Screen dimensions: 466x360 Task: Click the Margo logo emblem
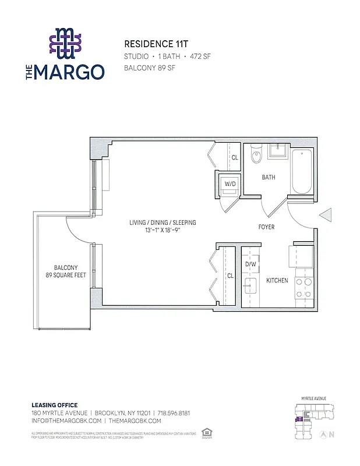tap(65, 44)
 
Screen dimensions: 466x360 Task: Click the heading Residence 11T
tap(149, 44)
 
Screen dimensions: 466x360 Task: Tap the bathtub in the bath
tap(302, 171)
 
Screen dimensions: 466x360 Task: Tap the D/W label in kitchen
tap(251, 264)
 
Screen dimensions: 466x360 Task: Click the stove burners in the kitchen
tap(303, 288)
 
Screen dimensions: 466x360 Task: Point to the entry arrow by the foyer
tap(325, 215)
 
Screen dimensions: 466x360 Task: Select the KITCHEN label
tap(277, 281)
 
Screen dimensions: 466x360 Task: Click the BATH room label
tap(268, 178)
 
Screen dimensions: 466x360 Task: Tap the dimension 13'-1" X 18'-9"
tap(163, 231)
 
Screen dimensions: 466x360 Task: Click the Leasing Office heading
tap(54, 405)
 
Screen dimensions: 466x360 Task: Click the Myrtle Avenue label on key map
tap(313, 398)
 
